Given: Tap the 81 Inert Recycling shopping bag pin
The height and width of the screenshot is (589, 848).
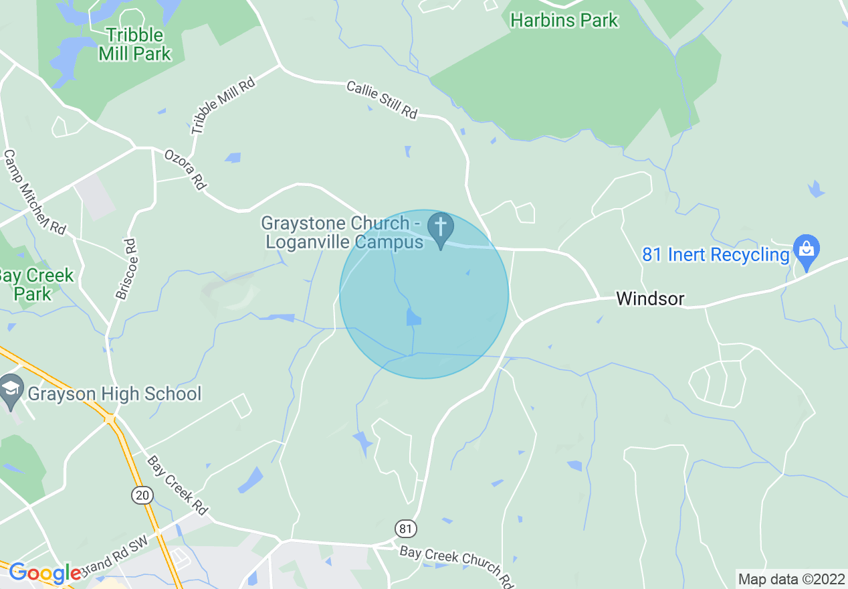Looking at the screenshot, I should coord(806,250).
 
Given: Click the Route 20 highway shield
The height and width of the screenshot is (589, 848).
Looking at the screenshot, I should coord(142,495).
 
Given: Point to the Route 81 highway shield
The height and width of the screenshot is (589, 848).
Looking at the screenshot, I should coord(404,528).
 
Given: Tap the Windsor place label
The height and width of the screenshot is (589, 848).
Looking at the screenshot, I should coord(650,299).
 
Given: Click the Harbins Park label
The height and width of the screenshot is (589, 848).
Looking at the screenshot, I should coord(564,20).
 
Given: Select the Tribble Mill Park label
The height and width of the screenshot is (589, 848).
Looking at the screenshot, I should coord(135,44).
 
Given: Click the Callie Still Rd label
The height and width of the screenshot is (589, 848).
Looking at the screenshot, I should coord(382,100).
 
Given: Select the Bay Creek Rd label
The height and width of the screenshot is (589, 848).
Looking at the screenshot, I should coord(177,485).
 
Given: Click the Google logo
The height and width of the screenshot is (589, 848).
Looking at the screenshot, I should coord(45,573).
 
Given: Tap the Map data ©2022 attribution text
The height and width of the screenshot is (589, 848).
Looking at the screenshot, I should coord(791,579).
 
